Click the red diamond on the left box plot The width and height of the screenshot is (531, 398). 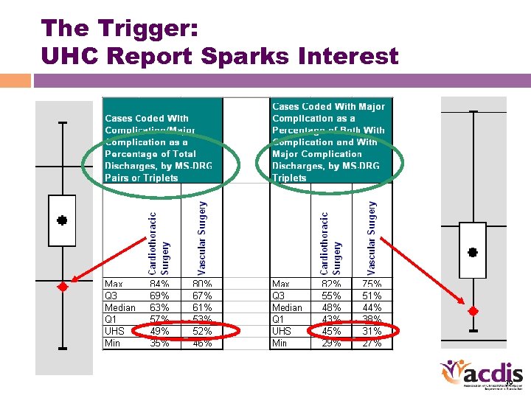(x=63, y=287)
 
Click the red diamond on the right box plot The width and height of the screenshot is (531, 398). (x=473, y=310)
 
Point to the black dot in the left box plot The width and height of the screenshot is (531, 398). (x=63, y=220)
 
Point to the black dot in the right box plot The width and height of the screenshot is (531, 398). (x=473, y=252)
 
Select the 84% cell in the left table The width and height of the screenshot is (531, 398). (x=160, y=284)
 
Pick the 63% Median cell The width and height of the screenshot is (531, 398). (x=160, y=307)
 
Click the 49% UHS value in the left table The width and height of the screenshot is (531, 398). (x=160, y=331)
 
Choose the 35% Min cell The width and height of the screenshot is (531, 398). (x=160, y=343)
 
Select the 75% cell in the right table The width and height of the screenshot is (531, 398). (x=372, y=284)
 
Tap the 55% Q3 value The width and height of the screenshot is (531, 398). (x=331, y=296)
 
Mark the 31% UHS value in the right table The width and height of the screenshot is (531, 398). (x=372, y=331)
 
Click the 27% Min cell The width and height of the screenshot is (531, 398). (x=372, y=343)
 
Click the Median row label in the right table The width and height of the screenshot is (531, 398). (x=287, y=307)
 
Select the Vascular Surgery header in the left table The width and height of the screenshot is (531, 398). (x=202, y=233)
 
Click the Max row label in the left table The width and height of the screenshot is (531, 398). (x=114, y=284)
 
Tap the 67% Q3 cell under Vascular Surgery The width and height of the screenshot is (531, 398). (x=202, y=296)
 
